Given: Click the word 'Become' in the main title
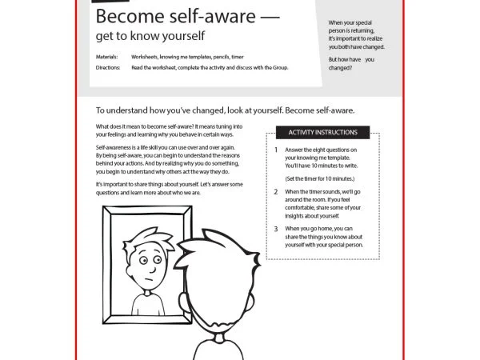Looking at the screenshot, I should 123,17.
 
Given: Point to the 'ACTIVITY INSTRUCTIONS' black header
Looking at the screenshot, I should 322,132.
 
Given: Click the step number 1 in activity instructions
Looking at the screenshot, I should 276,150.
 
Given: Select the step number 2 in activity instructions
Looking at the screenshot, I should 276,192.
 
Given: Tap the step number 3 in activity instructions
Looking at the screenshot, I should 276,229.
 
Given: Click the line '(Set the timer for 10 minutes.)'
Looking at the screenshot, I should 319,178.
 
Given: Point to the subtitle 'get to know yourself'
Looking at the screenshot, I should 150,36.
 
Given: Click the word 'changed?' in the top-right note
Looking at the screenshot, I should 342,68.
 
